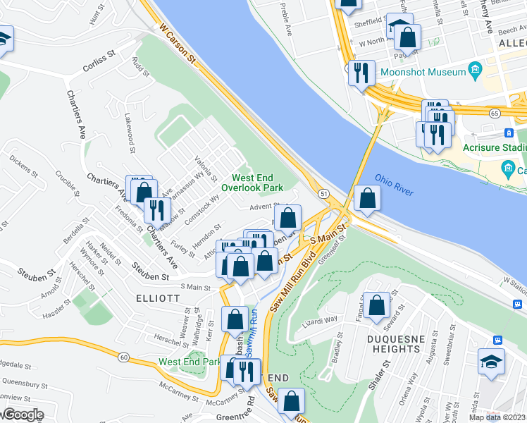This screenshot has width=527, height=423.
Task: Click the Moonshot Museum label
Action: point(423,73)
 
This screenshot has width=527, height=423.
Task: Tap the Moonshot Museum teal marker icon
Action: point(474,71)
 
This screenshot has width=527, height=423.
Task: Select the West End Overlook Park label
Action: point(252,183)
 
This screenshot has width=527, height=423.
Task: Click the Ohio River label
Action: point(394,185)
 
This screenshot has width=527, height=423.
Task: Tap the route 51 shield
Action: point(323,193)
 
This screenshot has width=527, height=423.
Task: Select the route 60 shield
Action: point(123,357)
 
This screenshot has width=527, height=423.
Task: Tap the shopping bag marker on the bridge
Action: point(367,198)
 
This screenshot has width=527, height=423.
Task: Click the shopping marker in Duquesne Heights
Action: point(377,305)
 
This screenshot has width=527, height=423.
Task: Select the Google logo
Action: point(23,415)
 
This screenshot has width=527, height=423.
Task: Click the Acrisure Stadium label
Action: point(494,147)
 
